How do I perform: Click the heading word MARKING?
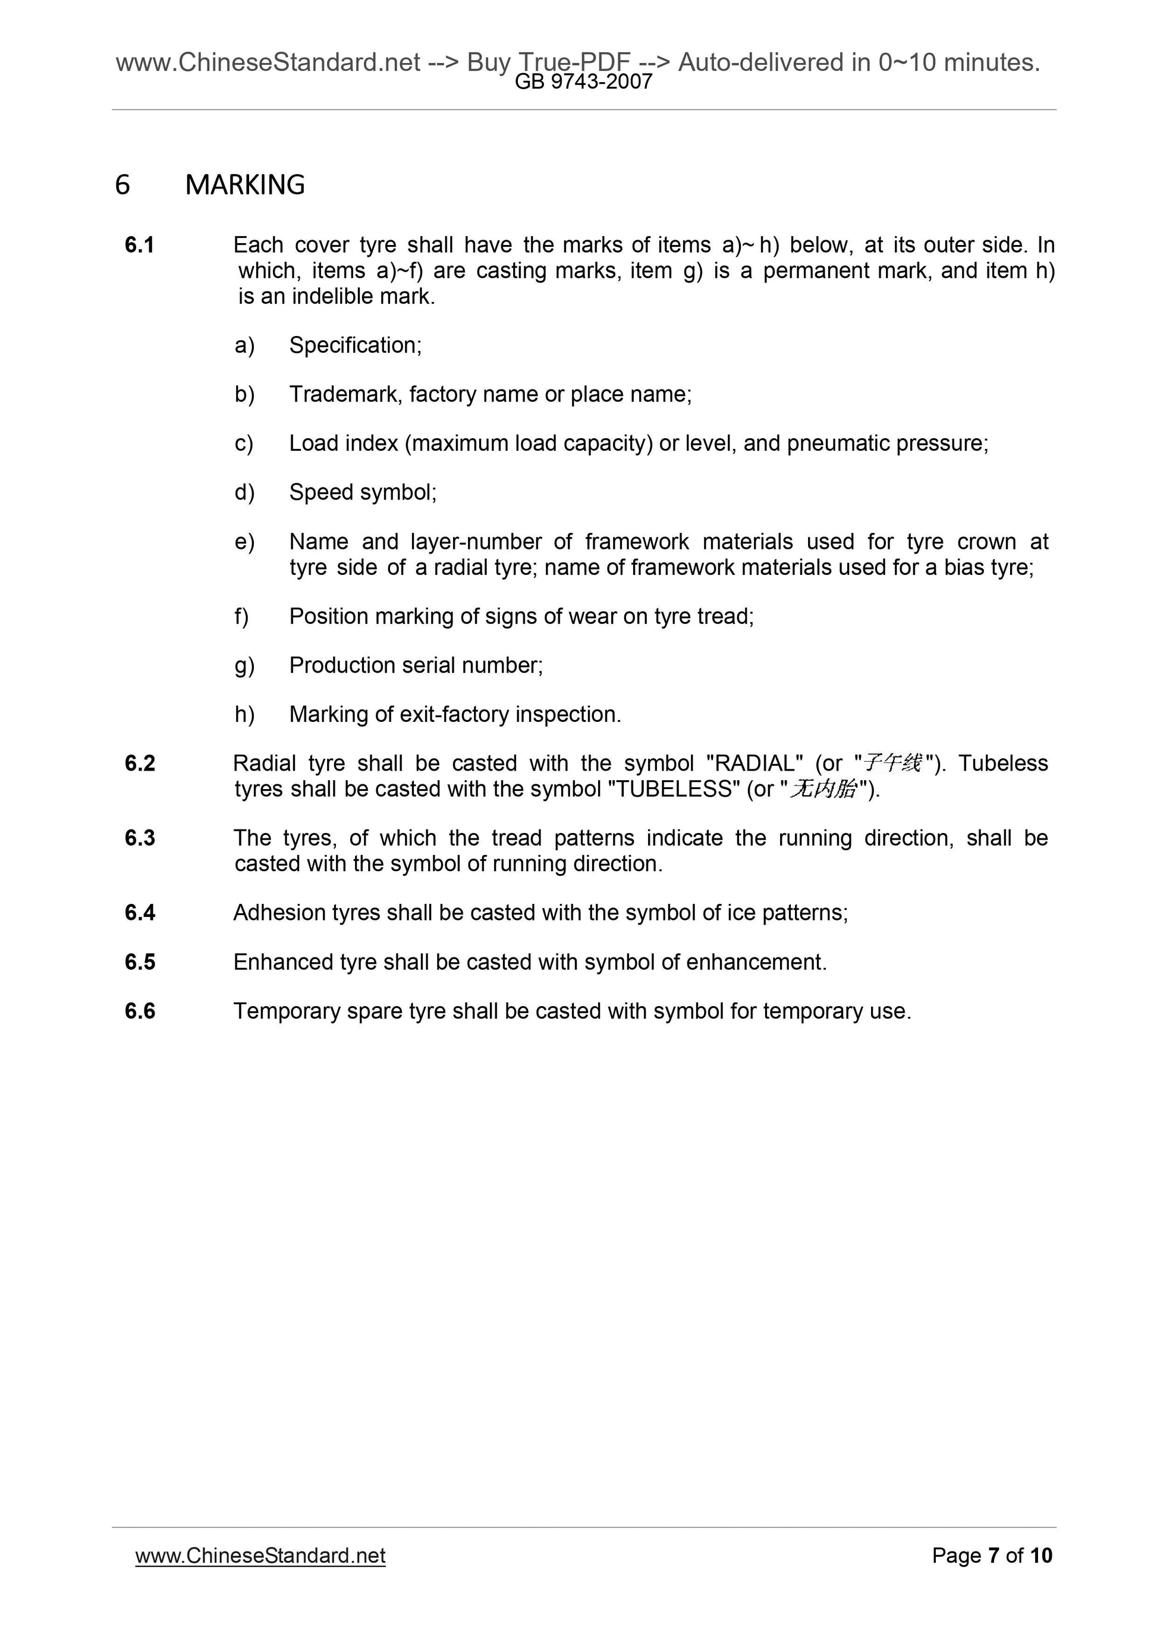244,185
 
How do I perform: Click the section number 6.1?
139,245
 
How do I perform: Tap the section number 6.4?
139,913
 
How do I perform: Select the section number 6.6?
139,1011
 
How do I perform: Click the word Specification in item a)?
354,345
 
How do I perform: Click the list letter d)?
244,493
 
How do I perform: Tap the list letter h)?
244,714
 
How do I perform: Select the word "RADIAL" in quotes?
753,763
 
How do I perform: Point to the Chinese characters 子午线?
892,763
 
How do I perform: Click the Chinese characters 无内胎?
823,789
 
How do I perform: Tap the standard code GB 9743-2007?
583,82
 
